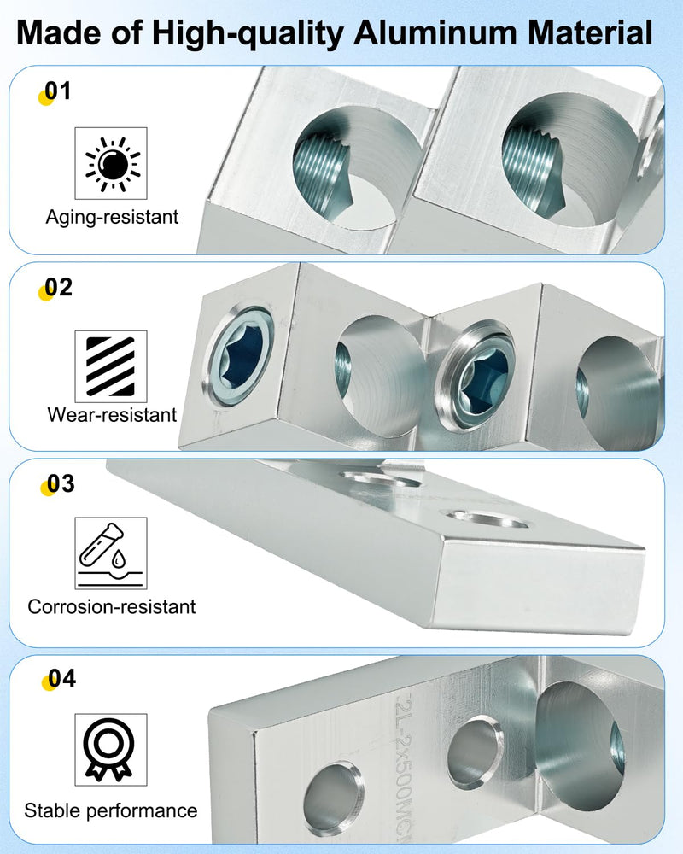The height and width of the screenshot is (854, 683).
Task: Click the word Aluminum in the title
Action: [435, 32]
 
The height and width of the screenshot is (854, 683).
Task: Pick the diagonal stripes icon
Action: [111, 366]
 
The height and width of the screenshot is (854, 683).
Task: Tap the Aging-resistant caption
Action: [112, 217]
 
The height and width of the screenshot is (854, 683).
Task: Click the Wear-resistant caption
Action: [112, 415]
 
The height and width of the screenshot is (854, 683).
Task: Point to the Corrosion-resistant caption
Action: [112, 606]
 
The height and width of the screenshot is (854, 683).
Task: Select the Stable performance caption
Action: [111, 811]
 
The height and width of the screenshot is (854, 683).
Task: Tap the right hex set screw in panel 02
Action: [475, 376]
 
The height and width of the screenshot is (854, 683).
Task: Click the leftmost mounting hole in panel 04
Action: [333, 799]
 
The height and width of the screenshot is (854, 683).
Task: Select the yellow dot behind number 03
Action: [48, 488]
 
